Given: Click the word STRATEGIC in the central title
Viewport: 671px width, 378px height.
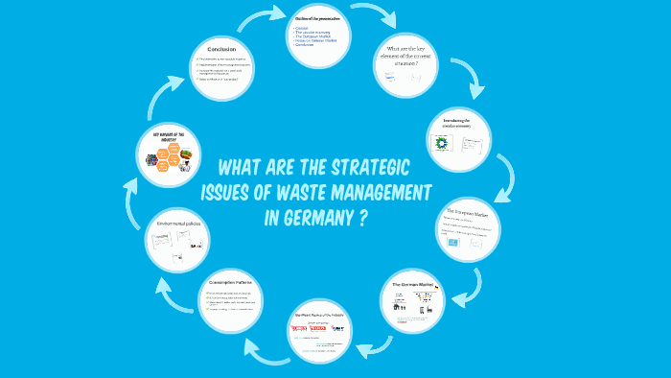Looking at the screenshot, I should pos(359,165).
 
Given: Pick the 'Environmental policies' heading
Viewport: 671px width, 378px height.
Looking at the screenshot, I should pos(179,222).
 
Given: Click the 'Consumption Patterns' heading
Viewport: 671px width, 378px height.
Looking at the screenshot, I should pos(234,283).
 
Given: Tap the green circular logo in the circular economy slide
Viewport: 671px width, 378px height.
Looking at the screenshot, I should pos(444,143).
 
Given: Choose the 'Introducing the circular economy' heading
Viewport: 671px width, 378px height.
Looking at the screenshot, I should pos(459,122).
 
